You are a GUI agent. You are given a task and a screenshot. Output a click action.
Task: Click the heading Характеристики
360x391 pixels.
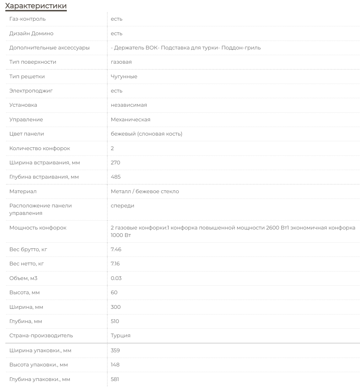click(x=36, y=6)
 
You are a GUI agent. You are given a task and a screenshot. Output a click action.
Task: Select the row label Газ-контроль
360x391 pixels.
click(x=27, y=19)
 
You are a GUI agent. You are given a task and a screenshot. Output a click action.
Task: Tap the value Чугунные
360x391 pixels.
click(x=124, y=76)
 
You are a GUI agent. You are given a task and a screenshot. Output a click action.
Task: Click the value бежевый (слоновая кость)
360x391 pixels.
click(x=146, y=134)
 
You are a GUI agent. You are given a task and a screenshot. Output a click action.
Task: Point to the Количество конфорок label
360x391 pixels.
click(x=39, y=148)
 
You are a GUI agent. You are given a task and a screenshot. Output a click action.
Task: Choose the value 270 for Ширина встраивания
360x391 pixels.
click(x=115, y=163)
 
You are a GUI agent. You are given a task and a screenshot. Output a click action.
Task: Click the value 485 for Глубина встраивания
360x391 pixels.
click(x=115, y=177)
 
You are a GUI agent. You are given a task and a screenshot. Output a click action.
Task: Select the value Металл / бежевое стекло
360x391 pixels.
click(x=145, y=191)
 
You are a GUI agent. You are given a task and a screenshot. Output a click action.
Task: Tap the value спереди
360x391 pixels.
click(x=123, y=206)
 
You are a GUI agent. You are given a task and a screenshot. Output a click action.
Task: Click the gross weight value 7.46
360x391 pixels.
click(x=116, y=249)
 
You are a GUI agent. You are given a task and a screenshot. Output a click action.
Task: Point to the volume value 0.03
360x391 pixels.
click(x=116, y=278)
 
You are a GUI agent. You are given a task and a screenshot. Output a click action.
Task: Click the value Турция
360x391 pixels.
click(x=120, y=335)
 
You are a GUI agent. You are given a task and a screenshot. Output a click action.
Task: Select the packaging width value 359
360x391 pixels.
click(x=115, y=350)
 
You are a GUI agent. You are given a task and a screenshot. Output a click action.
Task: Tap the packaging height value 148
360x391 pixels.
click(x=115, y=365)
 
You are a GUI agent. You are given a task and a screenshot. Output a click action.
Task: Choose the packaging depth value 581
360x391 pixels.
click(x=115, y=379)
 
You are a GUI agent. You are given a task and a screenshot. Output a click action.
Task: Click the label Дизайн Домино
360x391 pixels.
click(x=31, y=33)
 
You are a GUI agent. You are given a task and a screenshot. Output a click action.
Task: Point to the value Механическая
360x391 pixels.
click(x=130, y=120)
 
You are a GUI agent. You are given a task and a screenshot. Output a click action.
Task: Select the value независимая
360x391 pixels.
click(x=129, y=105)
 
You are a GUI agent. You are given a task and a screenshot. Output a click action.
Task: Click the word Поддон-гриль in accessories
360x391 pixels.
click(x=241, y=48)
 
